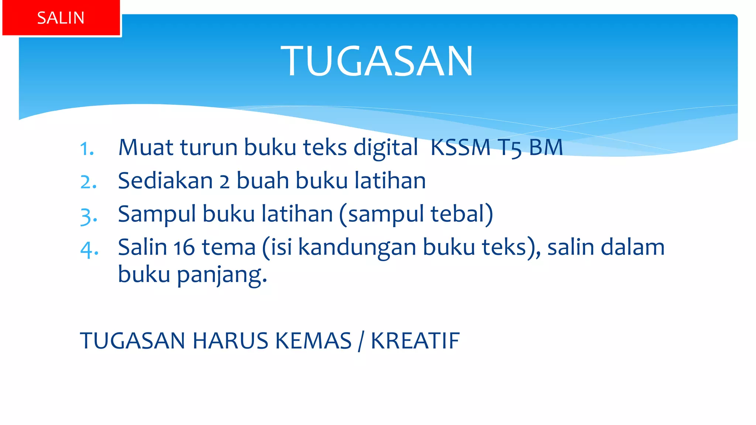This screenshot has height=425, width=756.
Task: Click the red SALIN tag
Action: click(61, 18)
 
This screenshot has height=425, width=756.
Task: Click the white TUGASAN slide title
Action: click(377, 61)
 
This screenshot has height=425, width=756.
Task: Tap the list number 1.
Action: click(87, 149)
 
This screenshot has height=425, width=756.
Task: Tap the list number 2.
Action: click(89, 182)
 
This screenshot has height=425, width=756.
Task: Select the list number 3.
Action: click(89, 216)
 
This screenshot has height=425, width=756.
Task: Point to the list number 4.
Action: click(89, 249)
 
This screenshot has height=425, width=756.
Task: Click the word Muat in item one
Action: click(146, 147)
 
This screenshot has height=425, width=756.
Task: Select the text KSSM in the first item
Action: click(460, 147)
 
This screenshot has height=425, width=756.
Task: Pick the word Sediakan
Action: click(165, 181)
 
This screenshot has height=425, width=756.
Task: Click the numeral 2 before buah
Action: click(224, 182)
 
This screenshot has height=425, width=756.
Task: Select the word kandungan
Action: click(357, 248)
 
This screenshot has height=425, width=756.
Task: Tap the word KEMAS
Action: click(313, 341)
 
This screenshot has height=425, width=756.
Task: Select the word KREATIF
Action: click(415, 341)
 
